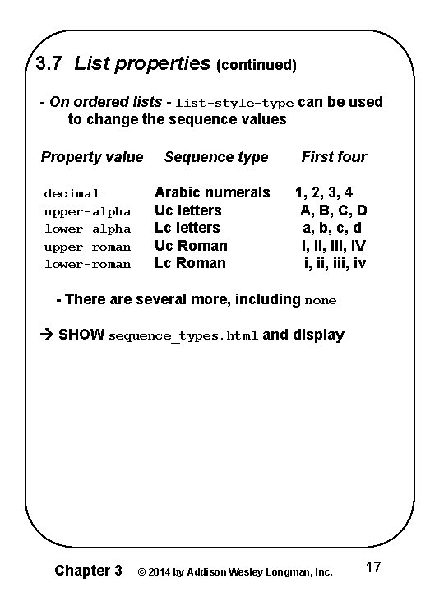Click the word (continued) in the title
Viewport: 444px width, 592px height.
[x=256, y=63]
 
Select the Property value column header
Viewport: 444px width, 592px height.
[x=92, y=157]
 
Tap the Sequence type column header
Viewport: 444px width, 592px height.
[x=216, y=157]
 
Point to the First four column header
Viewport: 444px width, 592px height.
[x=334, y=157]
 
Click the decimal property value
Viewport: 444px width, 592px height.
[x=72, y=193]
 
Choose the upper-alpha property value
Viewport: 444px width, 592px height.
[x=87, y=211]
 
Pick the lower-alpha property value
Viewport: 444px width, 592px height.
[x=87, y=229]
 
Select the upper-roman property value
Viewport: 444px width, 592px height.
[x=87, y=247]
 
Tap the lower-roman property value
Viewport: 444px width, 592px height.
[x=87, y=264]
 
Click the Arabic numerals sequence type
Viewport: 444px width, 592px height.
[x=212, y=192]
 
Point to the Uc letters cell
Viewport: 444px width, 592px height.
[x=188, y=210]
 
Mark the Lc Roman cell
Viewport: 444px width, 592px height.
[x=190, y=263]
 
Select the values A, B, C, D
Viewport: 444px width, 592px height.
[x=333, y=210]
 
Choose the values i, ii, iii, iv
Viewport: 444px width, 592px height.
[x=335, y=263]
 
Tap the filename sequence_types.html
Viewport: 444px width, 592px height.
[x=184, y=336]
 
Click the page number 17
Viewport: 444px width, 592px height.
[x=372, y=567]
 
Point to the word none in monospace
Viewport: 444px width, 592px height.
[x=321, y=301]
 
